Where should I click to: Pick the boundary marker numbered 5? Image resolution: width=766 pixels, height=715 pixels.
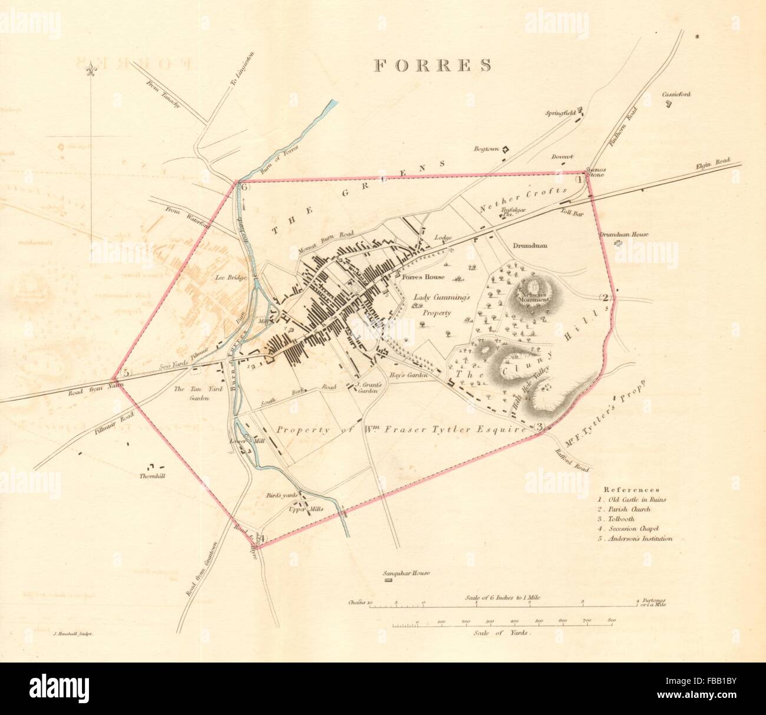coord(126,373)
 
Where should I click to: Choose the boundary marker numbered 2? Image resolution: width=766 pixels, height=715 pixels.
coord(606,297)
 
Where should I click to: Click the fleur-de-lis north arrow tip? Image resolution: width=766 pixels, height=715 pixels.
coord(91,70)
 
